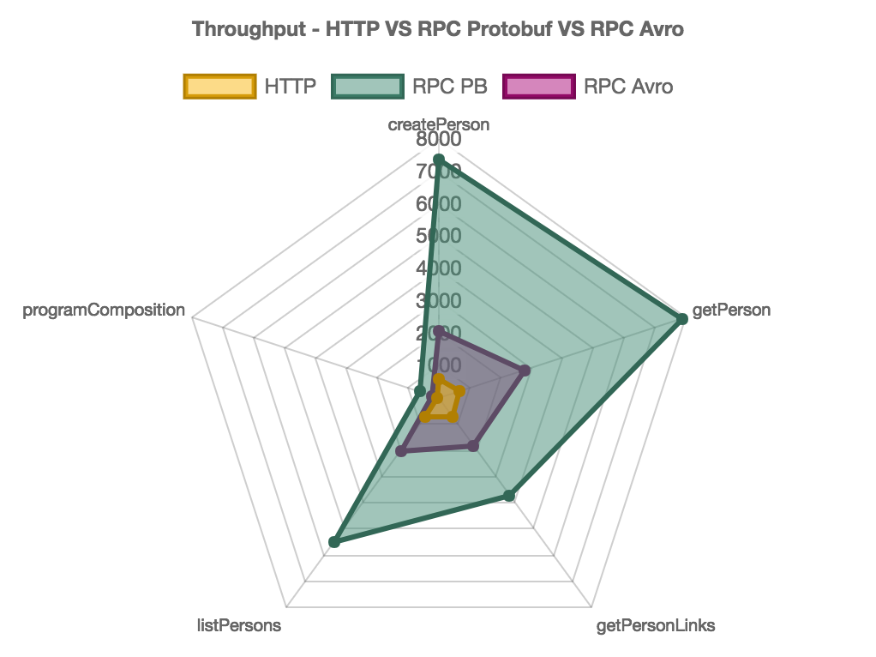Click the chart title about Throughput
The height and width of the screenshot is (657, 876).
click(437, 29)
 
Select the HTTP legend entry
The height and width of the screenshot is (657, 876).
click(249, 86)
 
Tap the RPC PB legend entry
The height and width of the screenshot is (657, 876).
click(410, 86)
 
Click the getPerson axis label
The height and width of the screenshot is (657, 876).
click(730, 310)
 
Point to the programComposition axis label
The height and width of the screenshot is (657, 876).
click(104, 310)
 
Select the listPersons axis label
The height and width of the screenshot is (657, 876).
click(238, 625)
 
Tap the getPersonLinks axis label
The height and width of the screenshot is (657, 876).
click(655, 625)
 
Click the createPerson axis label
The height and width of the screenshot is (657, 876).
click(438, 124)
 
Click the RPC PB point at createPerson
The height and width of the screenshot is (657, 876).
click(438, 160)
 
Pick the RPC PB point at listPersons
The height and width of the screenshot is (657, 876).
click(334, 541)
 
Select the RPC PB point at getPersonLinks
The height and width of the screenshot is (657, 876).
click(508, 495)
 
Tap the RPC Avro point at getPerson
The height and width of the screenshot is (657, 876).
click(525, 371)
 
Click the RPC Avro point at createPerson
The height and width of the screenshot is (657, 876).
click(438, 330)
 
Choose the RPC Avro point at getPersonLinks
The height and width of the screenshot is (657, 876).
click(473, 446)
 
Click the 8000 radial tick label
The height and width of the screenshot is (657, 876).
click(438, 140)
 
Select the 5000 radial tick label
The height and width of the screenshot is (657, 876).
click(438, 236)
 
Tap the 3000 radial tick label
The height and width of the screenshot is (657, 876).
click(438, 301)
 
